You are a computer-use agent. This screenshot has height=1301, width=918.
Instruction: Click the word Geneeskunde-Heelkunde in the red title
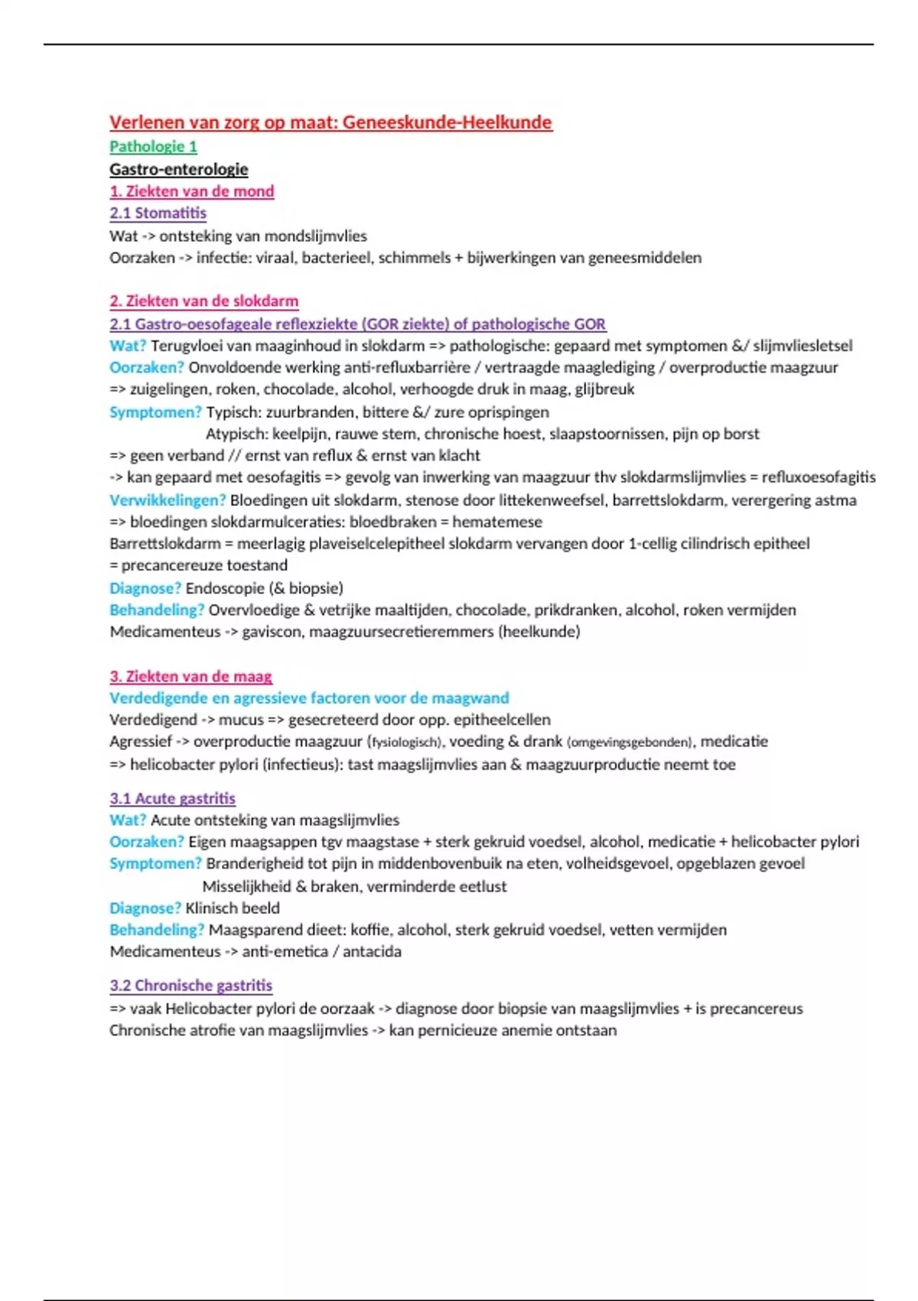(x=447, y=122)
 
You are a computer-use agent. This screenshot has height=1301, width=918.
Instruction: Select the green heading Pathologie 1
(x=153, y=146)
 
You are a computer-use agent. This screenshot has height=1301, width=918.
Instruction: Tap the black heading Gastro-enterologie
(x=178, y=169)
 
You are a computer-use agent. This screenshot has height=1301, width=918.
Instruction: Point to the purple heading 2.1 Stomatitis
(x=158, y=213)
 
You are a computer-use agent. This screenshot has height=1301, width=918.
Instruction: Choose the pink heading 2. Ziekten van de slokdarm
(x=203, y=301)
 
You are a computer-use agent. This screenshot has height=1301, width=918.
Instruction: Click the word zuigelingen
(x=169, y=389)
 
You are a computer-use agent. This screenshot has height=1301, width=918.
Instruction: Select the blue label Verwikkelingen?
(x=167, y=500)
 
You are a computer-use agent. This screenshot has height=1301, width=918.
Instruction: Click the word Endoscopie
(x=224, y=588)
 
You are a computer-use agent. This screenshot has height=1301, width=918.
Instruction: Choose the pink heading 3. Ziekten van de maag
(x=190, y=677)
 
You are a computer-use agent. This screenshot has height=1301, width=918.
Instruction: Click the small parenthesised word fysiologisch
(x=405, y=742)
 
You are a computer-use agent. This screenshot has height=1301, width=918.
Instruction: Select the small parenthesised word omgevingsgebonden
(x=630, y=742)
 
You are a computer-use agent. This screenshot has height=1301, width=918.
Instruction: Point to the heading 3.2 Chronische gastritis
(x=190, y=986)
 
